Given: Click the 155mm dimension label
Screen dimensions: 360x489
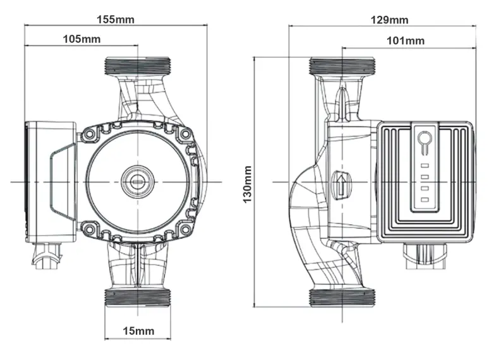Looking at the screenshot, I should click(115, 18).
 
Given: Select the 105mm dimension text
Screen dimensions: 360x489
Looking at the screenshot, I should click(81, 39).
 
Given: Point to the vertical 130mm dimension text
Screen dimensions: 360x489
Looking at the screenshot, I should click(248, 184).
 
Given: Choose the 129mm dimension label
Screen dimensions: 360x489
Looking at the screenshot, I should click(389, 20).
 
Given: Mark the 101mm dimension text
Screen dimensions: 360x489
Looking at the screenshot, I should click(405, 41).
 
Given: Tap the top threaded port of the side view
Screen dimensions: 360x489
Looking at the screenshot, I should click(342, 65).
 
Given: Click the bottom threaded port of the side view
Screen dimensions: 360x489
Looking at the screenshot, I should click(342, 297).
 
